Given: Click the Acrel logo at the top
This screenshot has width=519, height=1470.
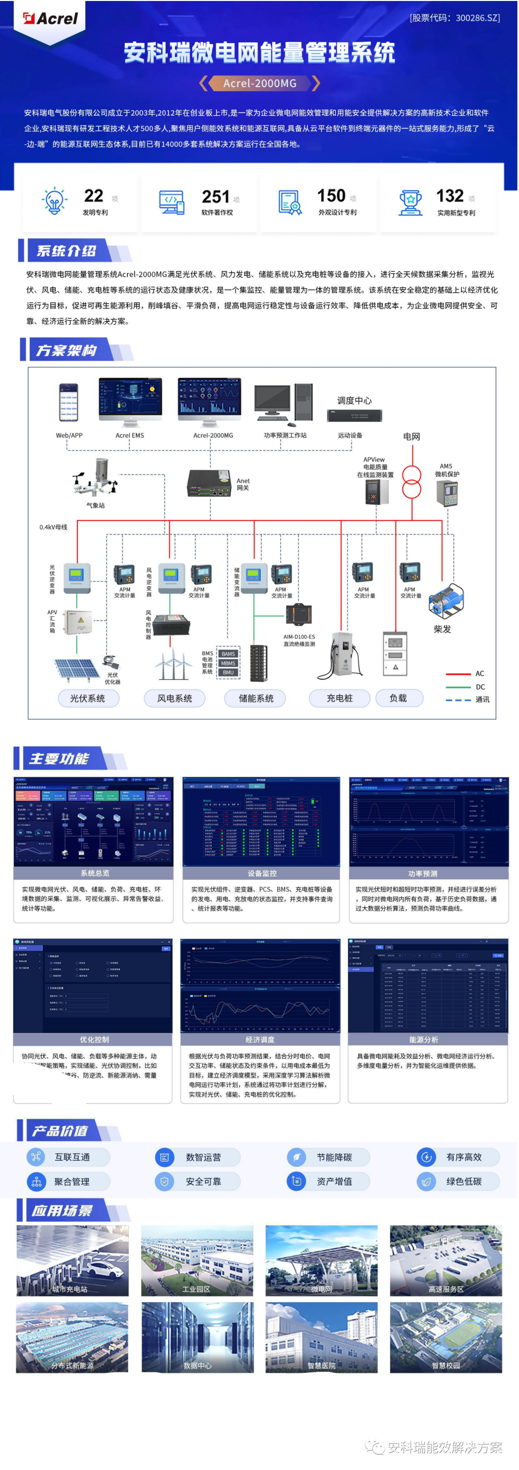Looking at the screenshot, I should [50, 18].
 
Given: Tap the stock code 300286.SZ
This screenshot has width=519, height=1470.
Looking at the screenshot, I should [455, 18].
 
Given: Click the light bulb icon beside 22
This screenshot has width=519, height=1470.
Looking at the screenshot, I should [54, 201].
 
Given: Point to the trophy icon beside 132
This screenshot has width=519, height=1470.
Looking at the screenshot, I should [410, 203].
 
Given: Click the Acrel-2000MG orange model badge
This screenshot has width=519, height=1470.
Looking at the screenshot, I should [259, 83].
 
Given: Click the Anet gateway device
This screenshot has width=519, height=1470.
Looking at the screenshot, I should [208, 483].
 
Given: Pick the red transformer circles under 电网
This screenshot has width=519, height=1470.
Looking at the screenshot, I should [411, 482].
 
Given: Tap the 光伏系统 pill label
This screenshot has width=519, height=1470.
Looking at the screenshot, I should [87, 698].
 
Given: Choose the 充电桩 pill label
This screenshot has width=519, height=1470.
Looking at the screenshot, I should [339, 698].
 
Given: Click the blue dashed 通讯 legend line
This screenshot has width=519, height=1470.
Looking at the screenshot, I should [457, 699].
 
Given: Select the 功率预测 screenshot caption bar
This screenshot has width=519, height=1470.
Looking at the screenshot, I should [422, 873].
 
